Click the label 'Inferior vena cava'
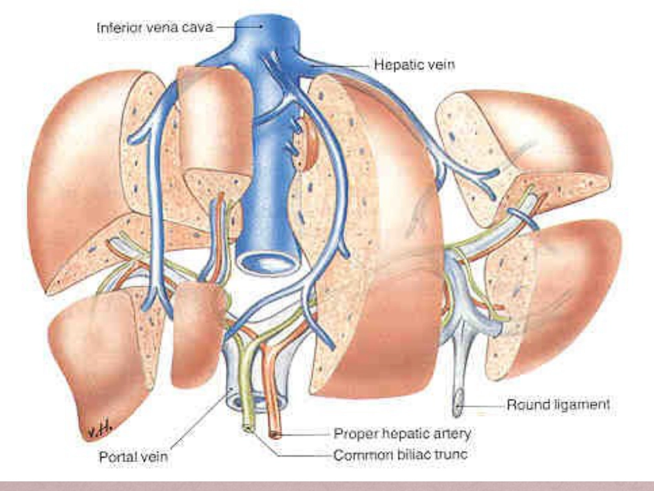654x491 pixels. click(155, 28)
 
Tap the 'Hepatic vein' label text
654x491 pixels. click(414, 65)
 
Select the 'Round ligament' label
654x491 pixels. click(558, 405)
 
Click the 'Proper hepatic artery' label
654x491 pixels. click(402, 434)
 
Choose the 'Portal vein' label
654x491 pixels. click(134, 457)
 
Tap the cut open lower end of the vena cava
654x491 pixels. click(268, 264)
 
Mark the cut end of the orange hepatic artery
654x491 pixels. click(274, 435)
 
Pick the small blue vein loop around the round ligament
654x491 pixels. click(521, 218)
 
